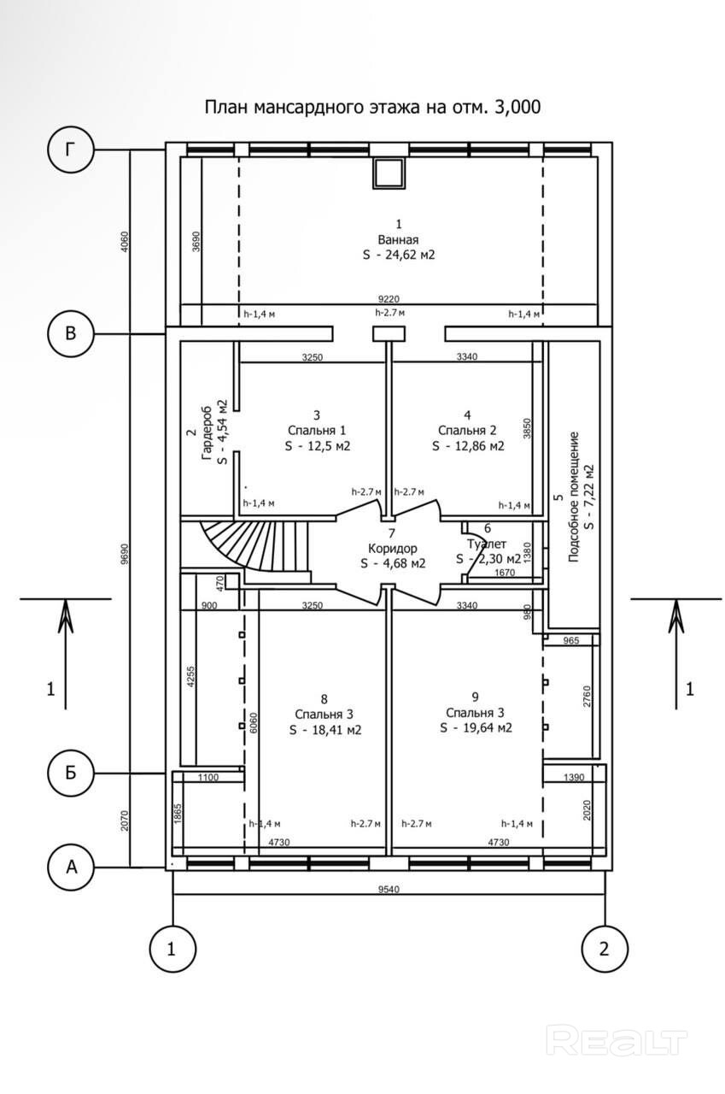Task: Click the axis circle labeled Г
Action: pos(71,150)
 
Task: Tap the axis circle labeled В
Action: pos(71,333)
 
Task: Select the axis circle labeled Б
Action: pos(71,773)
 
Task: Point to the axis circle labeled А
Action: pos(71,867)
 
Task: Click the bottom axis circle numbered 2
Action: pos(605,949)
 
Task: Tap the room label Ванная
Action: pos(398,240)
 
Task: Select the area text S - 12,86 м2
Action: pos(468,446)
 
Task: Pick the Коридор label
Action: pos(392,548)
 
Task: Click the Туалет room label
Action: pos(487,544)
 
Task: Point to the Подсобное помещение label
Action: pos(574,497)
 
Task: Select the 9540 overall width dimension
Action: pos(389,890)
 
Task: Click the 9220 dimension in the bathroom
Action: pos(389,299)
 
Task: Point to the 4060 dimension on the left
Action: pos(125,241)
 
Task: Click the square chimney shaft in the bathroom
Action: pos(389,173)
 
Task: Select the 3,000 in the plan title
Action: pos(517,107)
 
